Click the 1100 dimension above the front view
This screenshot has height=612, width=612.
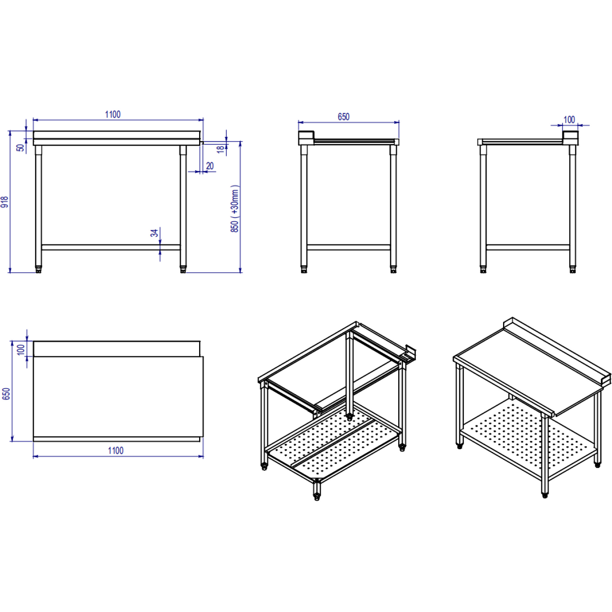click(112, 114)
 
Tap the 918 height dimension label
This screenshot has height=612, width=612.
click(5, 202)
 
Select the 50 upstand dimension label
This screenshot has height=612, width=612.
click(20, 148)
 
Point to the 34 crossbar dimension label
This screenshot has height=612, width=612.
click(154, 232)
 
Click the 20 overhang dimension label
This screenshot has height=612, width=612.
click(210, 165)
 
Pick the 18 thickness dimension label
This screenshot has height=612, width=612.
click(220, 149)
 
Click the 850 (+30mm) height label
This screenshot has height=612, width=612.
click(235, 208)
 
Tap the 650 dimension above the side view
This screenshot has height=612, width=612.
click(343, 117)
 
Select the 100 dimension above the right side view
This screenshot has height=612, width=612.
click(569, 119)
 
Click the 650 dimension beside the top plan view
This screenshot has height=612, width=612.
click(6, 394)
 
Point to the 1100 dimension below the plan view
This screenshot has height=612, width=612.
click(115, 450)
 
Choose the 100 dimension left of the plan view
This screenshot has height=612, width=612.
click(21, 349)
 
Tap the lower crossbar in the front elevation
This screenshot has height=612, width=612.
click(111, 247)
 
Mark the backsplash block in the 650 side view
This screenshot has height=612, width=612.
click(306, 138)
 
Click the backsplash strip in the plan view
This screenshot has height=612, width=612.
click(116, 348)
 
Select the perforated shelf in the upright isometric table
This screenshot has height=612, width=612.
click(524, 434)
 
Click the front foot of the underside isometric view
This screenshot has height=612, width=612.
click(317, 497)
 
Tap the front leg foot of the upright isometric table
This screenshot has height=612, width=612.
click(545, 495)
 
